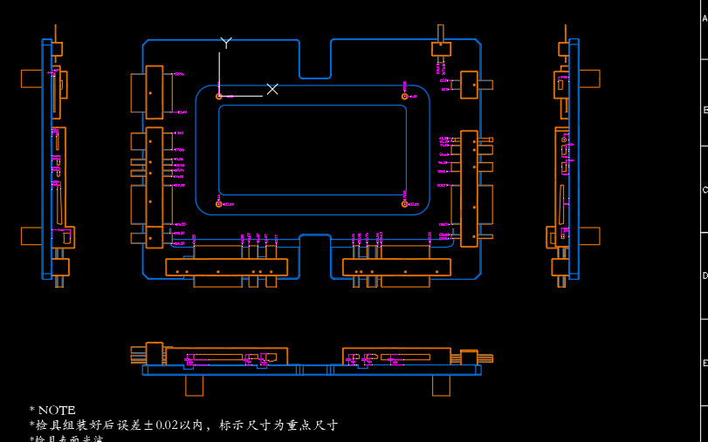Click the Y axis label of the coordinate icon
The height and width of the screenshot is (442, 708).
[226, 42]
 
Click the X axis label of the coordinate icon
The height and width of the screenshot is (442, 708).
[272, 89]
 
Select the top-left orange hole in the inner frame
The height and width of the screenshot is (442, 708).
[218, 94]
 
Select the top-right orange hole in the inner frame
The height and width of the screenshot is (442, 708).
[404, 94]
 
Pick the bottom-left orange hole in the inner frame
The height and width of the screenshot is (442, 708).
[218, 204]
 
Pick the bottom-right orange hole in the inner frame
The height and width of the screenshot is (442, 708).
[404, 204]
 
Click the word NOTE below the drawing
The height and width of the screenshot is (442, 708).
[57, 410]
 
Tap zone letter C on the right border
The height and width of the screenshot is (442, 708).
[705, 190]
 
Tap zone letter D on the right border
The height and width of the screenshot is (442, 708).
[705, 275]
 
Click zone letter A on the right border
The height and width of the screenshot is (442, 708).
[705, 18]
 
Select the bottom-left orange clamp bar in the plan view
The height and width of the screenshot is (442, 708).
[226, 268]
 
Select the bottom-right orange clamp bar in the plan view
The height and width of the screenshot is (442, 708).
[396, 268]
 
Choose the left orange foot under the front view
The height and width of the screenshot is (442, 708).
[194, 384]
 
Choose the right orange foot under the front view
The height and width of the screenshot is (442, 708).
[442, 384]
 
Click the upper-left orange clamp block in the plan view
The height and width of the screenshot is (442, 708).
[155, 91]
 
